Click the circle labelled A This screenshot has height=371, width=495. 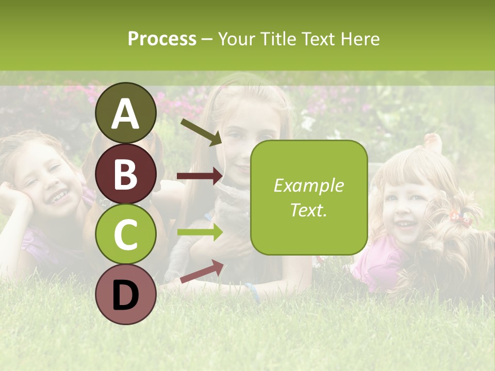pos(126,113)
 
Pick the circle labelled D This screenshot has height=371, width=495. pos(126,294)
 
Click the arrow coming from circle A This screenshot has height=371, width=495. pos(201,132)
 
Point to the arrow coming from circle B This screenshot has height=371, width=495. pos(200,176)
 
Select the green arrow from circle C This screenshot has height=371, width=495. pos(200,232)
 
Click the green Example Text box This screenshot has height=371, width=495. pos(309,197)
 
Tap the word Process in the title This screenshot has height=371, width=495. pos(162,39)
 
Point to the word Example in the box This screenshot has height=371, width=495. pos(309,185)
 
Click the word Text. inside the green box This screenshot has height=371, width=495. pos(309,210)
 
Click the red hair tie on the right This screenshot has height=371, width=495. pos(460,217)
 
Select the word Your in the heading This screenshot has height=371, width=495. pos(236,39)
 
